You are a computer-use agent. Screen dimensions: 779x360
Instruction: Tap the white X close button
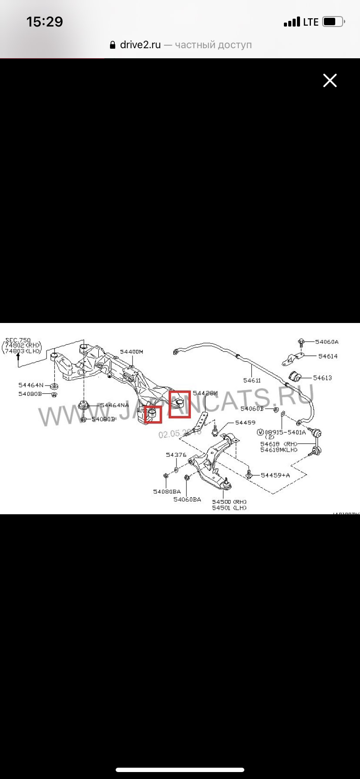(x=330, y=80)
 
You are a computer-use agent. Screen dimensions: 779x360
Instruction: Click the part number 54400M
(x=131, y=352)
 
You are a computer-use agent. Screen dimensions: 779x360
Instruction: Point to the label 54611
(x=252, y=380)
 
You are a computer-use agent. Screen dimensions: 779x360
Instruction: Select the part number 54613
(x=322, y=378)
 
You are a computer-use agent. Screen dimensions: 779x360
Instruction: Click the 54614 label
(x=327, y=356)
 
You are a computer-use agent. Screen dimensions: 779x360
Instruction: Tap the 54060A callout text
(x=327, y=342)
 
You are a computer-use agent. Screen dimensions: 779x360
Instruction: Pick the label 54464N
(x=31, y=385)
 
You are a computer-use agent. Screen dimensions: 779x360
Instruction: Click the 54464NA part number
(x=114, y=405)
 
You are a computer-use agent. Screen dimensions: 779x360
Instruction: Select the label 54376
(x=176, y=455)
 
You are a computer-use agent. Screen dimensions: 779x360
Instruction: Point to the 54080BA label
(x=167, y=492)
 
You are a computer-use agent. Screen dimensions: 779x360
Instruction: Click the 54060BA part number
(x=187, y=499)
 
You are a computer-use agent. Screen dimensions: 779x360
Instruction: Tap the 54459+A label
(x=275, y=475)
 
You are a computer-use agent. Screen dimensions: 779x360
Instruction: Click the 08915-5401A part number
(x=285, y=432)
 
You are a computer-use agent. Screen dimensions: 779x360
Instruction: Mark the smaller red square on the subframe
(x=153, y=414)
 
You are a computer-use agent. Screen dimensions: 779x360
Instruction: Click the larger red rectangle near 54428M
(x=180, y=404)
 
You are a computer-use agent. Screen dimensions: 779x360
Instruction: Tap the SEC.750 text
(x=18, y=340)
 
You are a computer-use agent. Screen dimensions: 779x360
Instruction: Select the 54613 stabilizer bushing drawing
(x=295, y=376)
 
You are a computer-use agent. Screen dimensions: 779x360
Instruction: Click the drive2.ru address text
(x=140, y=45)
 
